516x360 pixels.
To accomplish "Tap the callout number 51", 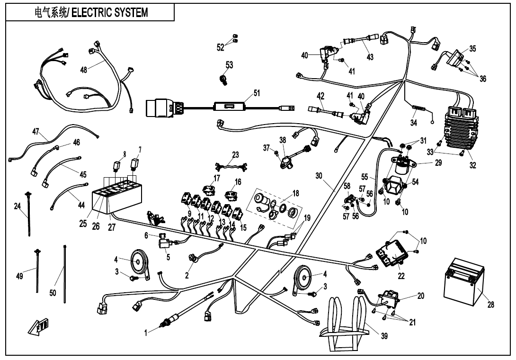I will coord(256,93).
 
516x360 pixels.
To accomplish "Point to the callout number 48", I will coord(84,70).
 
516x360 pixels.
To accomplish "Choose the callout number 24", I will coord(17,206).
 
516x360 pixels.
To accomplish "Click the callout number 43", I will coord(370,57).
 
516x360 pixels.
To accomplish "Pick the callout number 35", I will coord(472,48).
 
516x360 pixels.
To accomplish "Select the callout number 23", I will coord(235,154).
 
